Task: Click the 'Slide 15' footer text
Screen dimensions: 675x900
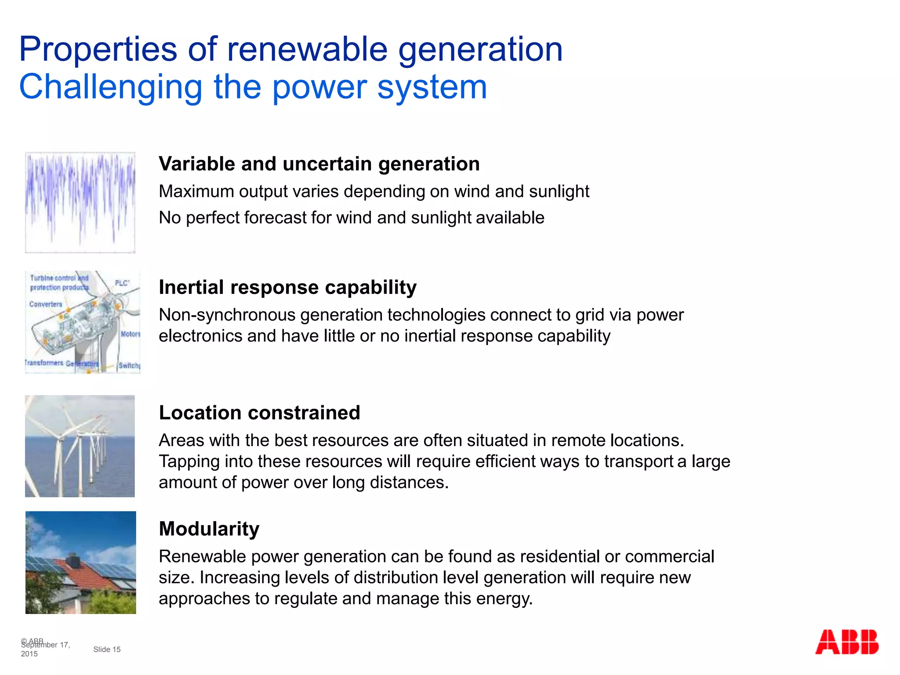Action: coord(107,649)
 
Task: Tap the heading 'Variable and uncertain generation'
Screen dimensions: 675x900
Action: coord(319,164)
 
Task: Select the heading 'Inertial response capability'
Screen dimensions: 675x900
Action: coord(287,287)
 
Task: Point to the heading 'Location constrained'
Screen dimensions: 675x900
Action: coord(259,413)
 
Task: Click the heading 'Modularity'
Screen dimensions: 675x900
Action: coord(209,529)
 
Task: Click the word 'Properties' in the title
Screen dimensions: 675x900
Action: coord(98,49)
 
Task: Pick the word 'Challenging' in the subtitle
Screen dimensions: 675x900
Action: coord(110,87)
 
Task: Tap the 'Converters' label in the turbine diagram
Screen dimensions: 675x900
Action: coord(46,304)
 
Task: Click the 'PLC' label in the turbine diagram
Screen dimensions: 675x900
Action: coord(122,283)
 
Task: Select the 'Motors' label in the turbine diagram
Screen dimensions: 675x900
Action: coord(130,334)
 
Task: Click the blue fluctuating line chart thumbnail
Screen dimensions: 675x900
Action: coord(80,202)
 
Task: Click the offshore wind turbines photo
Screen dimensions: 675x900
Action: coord(80,446)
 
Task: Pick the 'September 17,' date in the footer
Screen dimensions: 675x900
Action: coord(46,645)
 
